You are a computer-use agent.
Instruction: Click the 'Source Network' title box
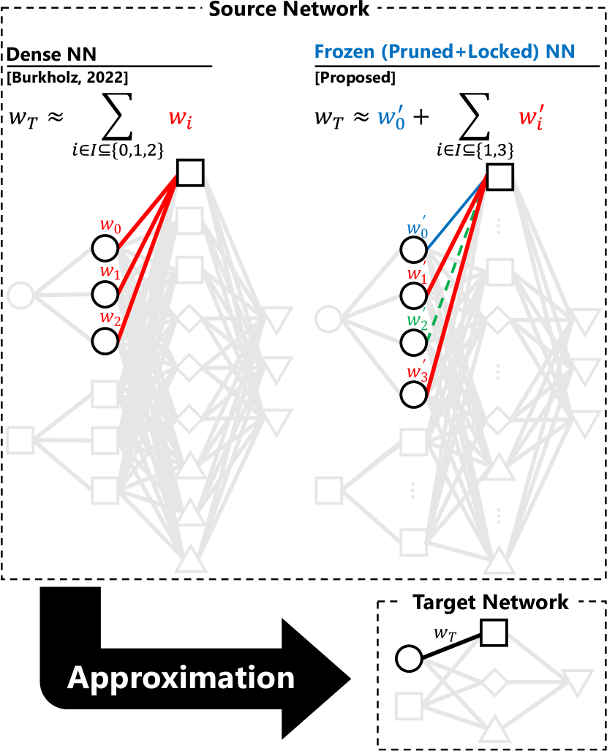pyautogui.click(x=290, y=11)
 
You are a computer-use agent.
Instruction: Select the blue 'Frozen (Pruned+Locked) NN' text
pyautogui.click(x=445, y=52)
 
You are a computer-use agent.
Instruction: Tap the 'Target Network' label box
pyautogui.click(x=490, y=603)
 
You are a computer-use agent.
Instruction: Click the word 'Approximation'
pyautogui.click(x=181, y=678)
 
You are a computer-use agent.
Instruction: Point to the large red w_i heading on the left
pyautogui.click(x=181, y=118)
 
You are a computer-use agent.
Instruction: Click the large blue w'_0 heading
pyautogui.click(x=391, y=118)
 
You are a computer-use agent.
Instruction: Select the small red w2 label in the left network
pyautogui.click(x=110, y=318)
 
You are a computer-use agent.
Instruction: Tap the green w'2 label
pyautogui.click(x=417, y=320)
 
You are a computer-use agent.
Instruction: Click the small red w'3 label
pyautogui.click(x=417, y=372)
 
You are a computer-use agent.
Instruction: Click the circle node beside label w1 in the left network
pyautogui.click(x=105, y=295)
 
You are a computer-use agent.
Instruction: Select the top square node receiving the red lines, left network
pyautogui.click(x=190, y=173)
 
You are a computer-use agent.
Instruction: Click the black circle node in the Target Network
pyautogui.click(x=410, y=659)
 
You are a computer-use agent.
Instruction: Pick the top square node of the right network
pyautogui.click(x=499, y=177)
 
